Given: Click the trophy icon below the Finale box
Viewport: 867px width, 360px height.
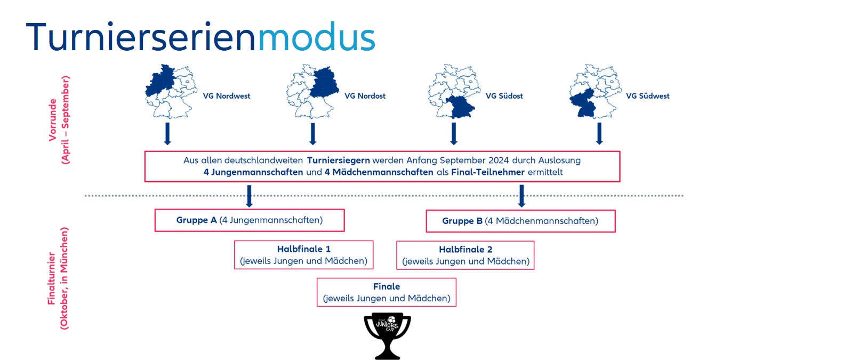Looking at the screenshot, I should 387,335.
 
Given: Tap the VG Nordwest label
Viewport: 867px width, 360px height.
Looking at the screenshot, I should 226,96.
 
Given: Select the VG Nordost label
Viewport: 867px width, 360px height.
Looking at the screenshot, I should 365,96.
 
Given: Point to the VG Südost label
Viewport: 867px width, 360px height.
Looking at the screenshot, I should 504,96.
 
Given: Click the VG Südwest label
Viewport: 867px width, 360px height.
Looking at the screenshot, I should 647,96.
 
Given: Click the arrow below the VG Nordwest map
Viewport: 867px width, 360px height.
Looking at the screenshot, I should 167,134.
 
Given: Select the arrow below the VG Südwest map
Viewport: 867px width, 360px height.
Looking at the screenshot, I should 599,134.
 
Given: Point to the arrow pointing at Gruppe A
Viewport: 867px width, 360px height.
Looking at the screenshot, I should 249,196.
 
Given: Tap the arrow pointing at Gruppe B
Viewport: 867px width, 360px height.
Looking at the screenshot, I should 521,196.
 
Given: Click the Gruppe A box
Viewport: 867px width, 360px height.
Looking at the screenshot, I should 250,220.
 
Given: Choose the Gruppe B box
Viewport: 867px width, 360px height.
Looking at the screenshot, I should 520,221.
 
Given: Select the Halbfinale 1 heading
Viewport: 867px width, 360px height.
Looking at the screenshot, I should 303,249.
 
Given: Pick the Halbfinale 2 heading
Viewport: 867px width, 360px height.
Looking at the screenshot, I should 465,250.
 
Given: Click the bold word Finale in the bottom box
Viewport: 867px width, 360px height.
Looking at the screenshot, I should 387,286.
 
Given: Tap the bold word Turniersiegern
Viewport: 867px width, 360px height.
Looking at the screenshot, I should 338,160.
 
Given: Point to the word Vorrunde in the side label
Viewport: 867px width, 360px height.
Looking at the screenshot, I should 53,119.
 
